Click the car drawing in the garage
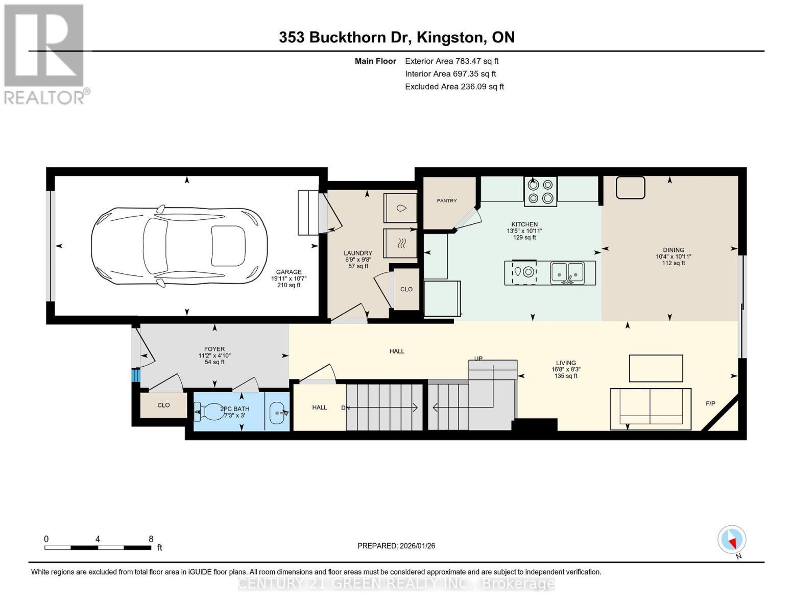pyautogui.click(x=179, y=245)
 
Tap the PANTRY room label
pyautogui.click(x=446, y=201)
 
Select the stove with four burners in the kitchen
pyautogui.click(x=540, y=191)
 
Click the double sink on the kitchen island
pyautogui.click(x=567, y=272)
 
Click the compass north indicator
pyautogui.click(x=732, y=540)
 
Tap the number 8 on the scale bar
pyautogui.click(x=151, y=539)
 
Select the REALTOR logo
pyautogui.click(x=44, y=54)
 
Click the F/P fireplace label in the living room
pyautogui.click(x=710, y=403)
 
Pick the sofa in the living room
pyautogui.click(x=651, y=409)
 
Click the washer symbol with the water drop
pyautogui.click(x=401, y=208)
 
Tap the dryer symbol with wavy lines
pyautogui.click(x=401, y=243)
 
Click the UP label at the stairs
pyautogui.click(x=478, y=359)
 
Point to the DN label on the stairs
pyautogui.click(x=345, y=407)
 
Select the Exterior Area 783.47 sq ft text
pyautogui.click(x=451, y=61)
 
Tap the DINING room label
pyautogui.click(x=673, y=250)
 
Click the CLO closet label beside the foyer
pyautogui.click(x=163, y=405)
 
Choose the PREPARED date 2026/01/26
pyautogui.click(x=396, y=546)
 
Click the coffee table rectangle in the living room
pyautogui.click(x=656, y=368)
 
